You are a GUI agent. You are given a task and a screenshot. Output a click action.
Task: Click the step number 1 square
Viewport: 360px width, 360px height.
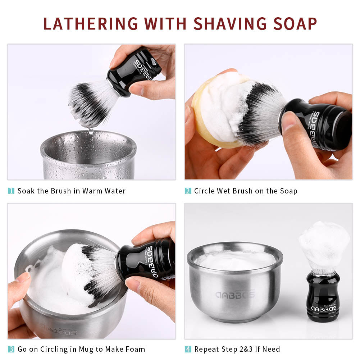11,191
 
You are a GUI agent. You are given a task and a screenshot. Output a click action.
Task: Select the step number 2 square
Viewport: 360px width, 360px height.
188,191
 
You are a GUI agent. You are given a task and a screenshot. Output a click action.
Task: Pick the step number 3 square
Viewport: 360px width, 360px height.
11,349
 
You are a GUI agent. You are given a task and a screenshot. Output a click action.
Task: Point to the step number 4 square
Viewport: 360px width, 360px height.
188,349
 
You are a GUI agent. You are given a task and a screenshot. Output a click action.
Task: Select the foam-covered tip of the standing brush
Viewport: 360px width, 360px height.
324,245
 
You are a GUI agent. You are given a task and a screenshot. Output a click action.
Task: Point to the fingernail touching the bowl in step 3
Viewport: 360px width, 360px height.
22,277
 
